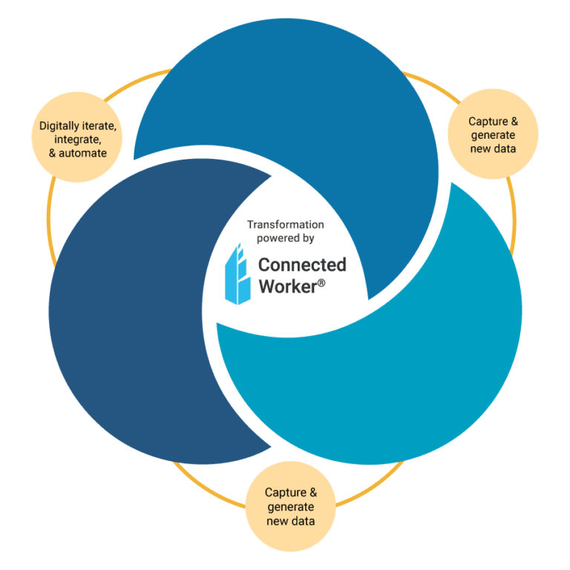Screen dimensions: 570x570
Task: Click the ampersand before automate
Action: point(53,153)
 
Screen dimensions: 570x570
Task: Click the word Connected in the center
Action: point(301,264)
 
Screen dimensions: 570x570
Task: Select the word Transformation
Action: point(286,224)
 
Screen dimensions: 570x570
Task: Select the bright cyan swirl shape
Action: point(416,356)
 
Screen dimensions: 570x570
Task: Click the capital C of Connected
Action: point(263,264)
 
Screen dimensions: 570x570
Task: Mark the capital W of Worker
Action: point(265,286)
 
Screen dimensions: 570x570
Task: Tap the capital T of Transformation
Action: point(250,224)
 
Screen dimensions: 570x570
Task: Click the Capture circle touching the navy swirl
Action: point(290,507)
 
